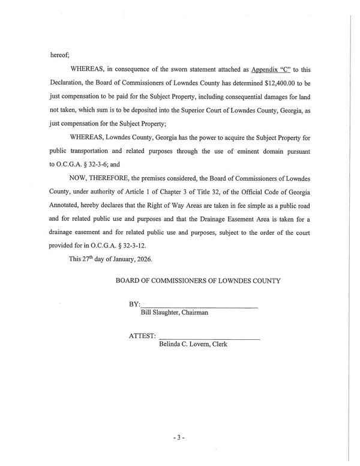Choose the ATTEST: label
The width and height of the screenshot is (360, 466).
142,337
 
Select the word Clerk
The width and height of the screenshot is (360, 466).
218,345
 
